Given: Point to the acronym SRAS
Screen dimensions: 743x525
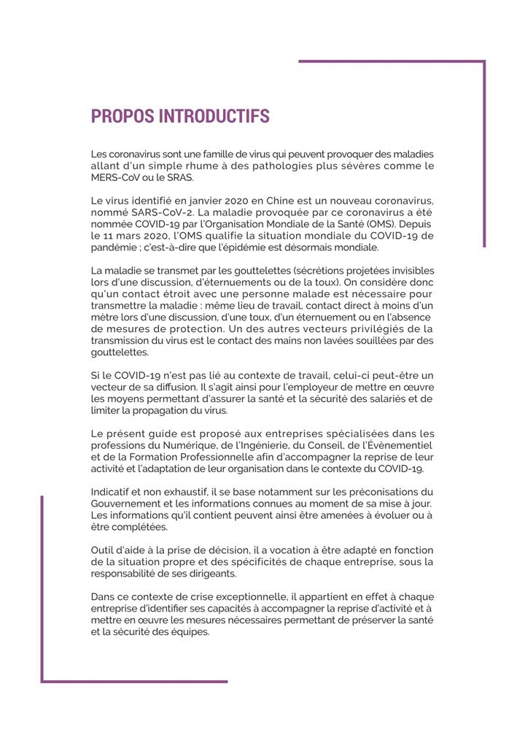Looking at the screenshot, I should click(180, 177).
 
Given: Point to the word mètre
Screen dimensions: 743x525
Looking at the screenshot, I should click(104, 318).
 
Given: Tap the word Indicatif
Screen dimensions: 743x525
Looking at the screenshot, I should click(111, 492).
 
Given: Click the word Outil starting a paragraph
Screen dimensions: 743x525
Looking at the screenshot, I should click(104, 550).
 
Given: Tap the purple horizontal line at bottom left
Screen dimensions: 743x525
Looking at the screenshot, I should click(134, 681).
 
